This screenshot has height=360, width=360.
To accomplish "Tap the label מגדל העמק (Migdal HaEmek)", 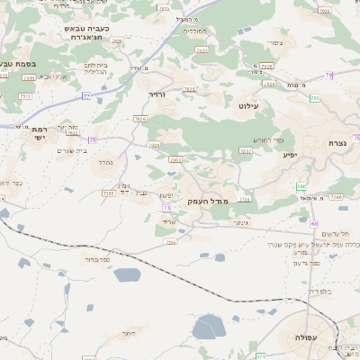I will click(x=209, y=202).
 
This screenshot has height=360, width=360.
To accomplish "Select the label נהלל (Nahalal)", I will click(x=104, y=163).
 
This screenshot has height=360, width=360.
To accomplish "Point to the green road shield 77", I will click(x=86, y=94).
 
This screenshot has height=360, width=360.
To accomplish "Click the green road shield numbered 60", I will click(x=313, y=223).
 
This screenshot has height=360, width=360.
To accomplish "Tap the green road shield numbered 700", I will click(x=301, y=186).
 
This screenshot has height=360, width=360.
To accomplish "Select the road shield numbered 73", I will click(x=166, y=208).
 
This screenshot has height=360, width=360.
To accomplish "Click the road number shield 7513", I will click(x=25, y=95).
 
